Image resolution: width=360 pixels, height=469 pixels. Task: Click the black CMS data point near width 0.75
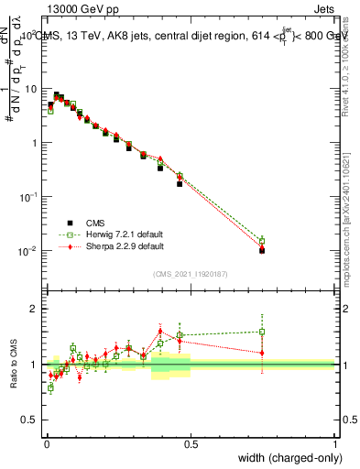(x=262, y=250)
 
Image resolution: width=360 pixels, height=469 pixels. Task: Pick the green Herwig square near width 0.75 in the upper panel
(x=262, y=241)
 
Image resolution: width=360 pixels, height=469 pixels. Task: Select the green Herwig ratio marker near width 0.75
(x=262, y=332)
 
